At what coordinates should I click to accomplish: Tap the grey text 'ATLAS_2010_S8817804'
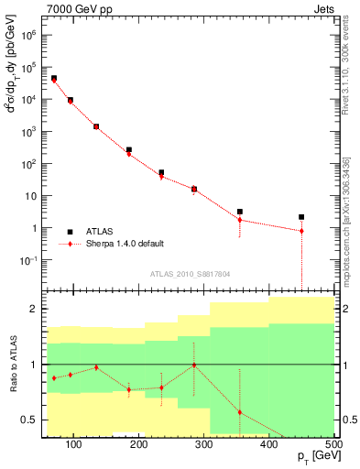pyautogui.click(x=178, y=274)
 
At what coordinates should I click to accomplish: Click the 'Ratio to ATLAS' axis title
pyautogui.click(x=13, y=365)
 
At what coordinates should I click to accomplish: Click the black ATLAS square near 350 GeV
pyautogui.click(x=240, y=212)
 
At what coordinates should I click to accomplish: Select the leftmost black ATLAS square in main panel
pyautogui.click(x=54, y=79)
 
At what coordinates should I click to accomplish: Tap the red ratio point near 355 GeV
pyautogui.click(x=240, y=412)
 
